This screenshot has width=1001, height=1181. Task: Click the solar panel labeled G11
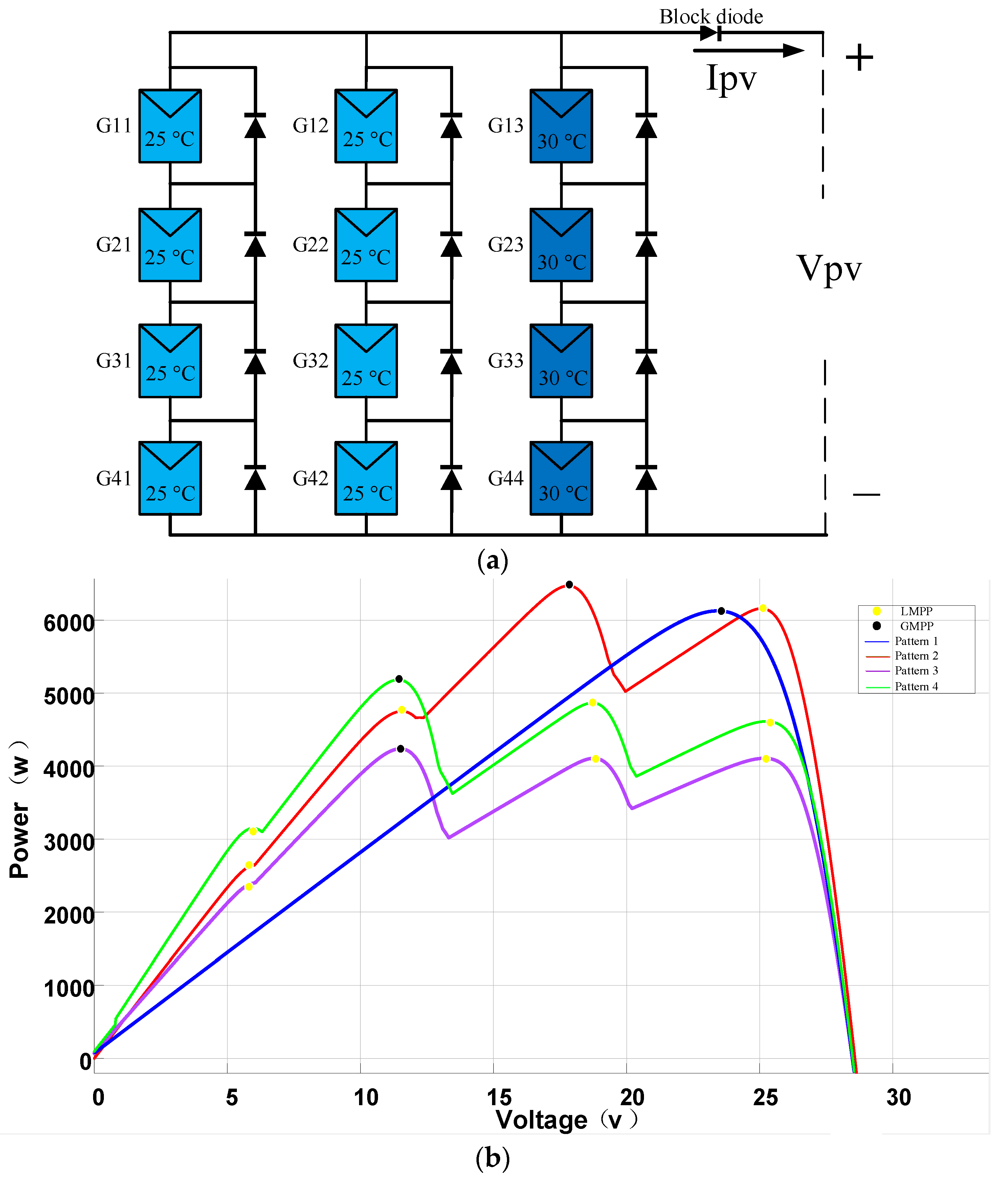pyautogui.click(x=170, y=126)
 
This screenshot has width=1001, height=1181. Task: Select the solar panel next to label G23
pyautogui.click(x=561, y=245)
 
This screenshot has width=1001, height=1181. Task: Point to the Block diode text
pyautogui.click(x=711, y=17)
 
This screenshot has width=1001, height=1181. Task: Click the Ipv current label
pyautogui.click(x=731, y=78)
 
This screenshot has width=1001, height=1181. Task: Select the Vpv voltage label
pyautogui.click(x=829, y=268)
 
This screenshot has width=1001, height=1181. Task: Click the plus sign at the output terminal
pyautogui.click(x=859, y=58)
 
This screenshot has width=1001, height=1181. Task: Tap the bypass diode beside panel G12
pyautogui.click(x=451, y=126)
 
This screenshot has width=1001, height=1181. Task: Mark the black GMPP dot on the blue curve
pyautogui.click(x=721, y=611)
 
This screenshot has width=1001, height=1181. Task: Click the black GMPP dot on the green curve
pyautogui.click(x=399, y=679)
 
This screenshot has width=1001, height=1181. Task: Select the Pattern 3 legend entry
pyautogui.click(x=915, y=671)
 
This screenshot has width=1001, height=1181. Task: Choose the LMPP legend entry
pyautogui.click(x=915, y=611)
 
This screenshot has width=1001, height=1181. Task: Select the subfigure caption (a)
pyautogui.click(x=493, y=561)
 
